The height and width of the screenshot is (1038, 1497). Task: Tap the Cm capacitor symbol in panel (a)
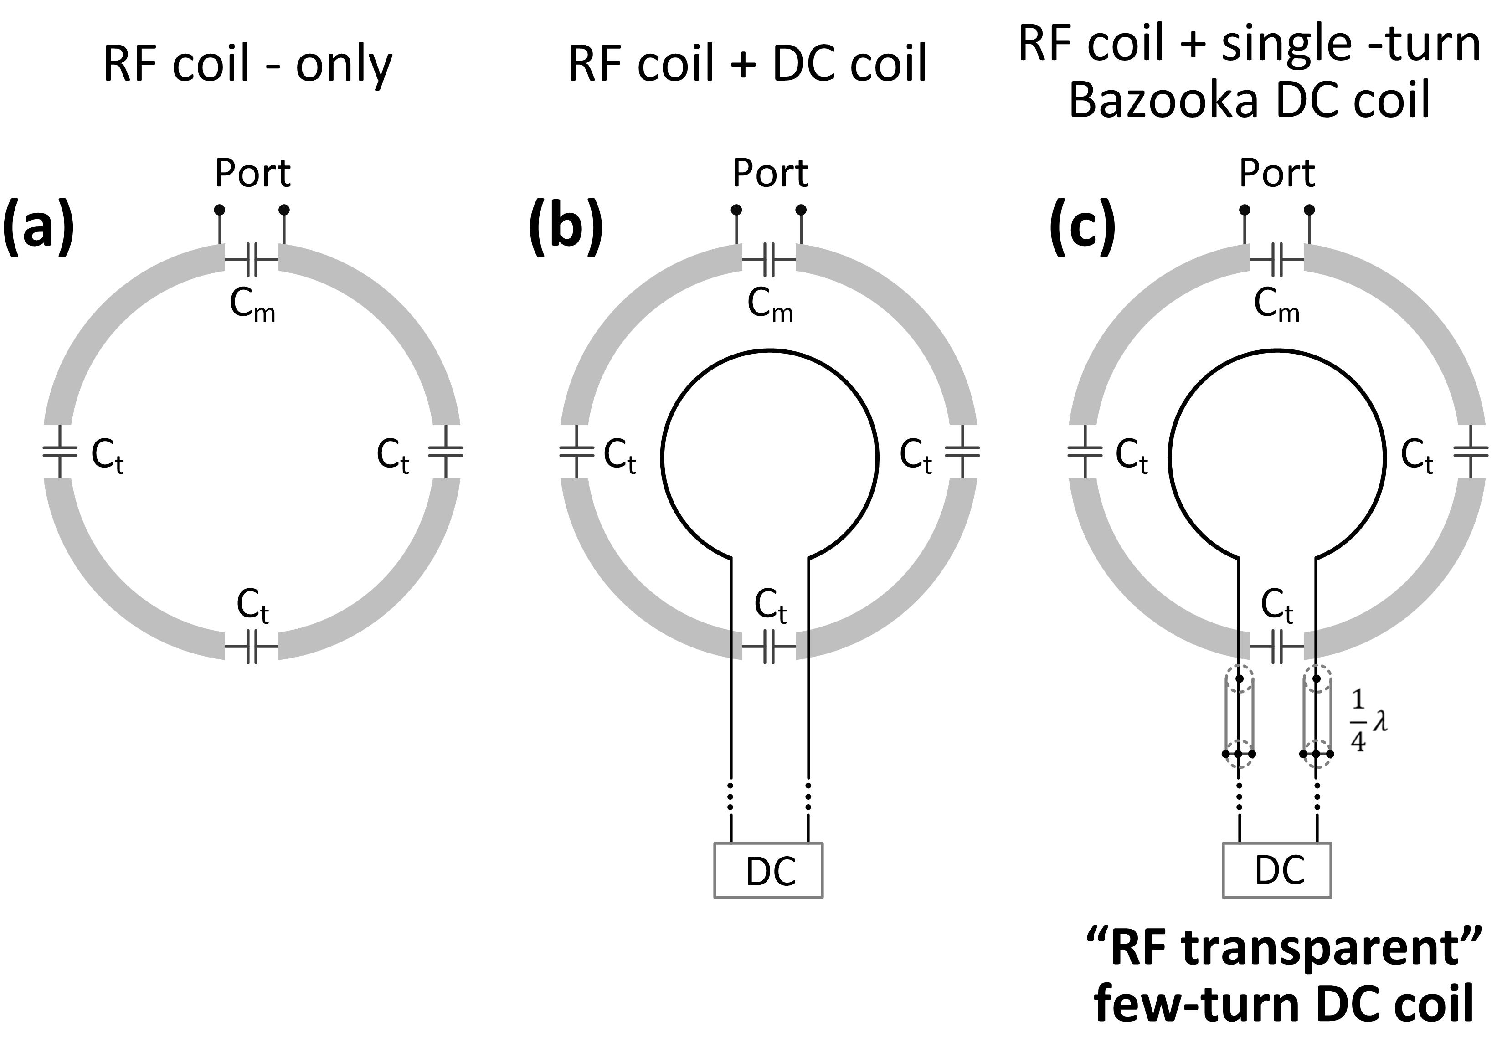(x=252, y=260)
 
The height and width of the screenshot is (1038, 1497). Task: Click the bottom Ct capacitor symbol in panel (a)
(x=252, y=647)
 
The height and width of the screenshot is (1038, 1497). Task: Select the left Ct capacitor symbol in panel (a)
(x=59, y=452)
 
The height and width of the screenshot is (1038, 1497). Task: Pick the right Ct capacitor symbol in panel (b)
(x=962, y=452)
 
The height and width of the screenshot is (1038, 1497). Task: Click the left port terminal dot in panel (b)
(x=736, y=210)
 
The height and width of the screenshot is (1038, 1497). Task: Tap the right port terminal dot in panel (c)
(x=1309, y=210)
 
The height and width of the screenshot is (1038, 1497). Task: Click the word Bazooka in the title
(x=1168, y=102)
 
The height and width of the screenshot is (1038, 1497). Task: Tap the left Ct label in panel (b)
(x=619, y=455)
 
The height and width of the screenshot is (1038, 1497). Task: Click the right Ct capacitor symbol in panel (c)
(x=1470, y=452)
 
